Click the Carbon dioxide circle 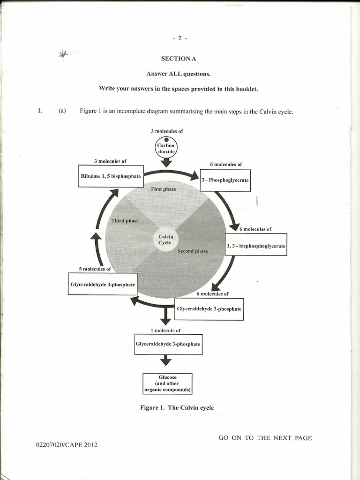165,149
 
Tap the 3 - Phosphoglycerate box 225,180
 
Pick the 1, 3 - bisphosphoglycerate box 256,244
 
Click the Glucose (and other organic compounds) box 167,383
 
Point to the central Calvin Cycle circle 165,240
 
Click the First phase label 164,189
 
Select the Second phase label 192,251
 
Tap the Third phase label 125,220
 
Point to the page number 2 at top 180,38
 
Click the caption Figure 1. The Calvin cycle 177,407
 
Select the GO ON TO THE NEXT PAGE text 265,438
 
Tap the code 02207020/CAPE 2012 67,444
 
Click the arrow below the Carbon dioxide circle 165,163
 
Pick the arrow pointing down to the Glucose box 165,360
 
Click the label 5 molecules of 95,269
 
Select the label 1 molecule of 165,330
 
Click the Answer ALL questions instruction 178,74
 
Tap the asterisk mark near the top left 63,54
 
